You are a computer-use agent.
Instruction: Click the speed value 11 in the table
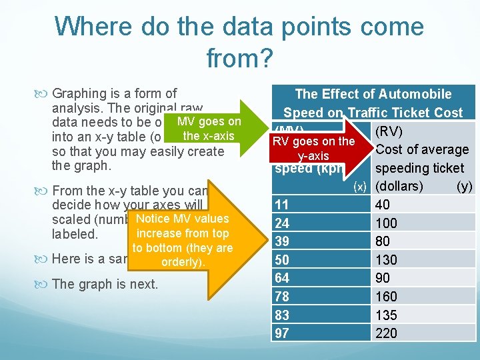point(282,204)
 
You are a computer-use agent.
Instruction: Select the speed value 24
point(282,222)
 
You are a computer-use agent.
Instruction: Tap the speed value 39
point(282,241)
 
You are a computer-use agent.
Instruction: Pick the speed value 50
point(282,259)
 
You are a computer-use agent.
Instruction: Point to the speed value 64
point(282,277)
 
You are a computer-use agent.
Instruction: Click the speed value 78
point(282,296)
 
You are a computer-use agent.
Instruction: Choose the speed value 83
point(282,315)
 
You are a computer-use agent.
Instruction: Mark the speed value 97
point(282,333)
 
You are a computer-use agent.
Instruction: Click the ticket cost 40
point(383,204)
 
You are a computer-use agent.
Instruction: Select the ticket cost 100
point(387,222)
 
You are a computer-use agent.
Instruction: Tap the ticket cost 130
point(387,259)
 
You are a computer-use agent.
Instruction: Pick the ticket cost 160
point(387,296)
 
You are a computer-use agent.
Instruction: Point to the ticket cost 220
point(387,333)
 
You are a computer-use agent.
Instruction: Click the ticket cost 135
point(387,315)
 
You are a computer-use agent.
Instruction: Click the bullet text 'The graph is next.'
point(105,284)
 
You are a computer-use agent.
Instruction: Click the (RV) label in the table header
point(391,131)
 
